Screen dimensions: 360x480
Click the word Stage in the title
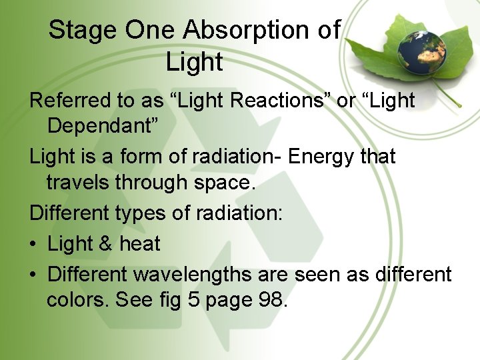pyautogui.click(x=74, y=31)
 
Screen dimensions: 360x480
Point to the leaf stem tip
pyautogui.click(x=459, y=105)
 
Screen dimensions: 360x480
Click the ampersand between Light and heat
pyautogui.click(x=105, y=244)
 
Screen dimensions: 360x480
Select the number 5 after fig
pyautogui.click(x=193, y=300)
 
